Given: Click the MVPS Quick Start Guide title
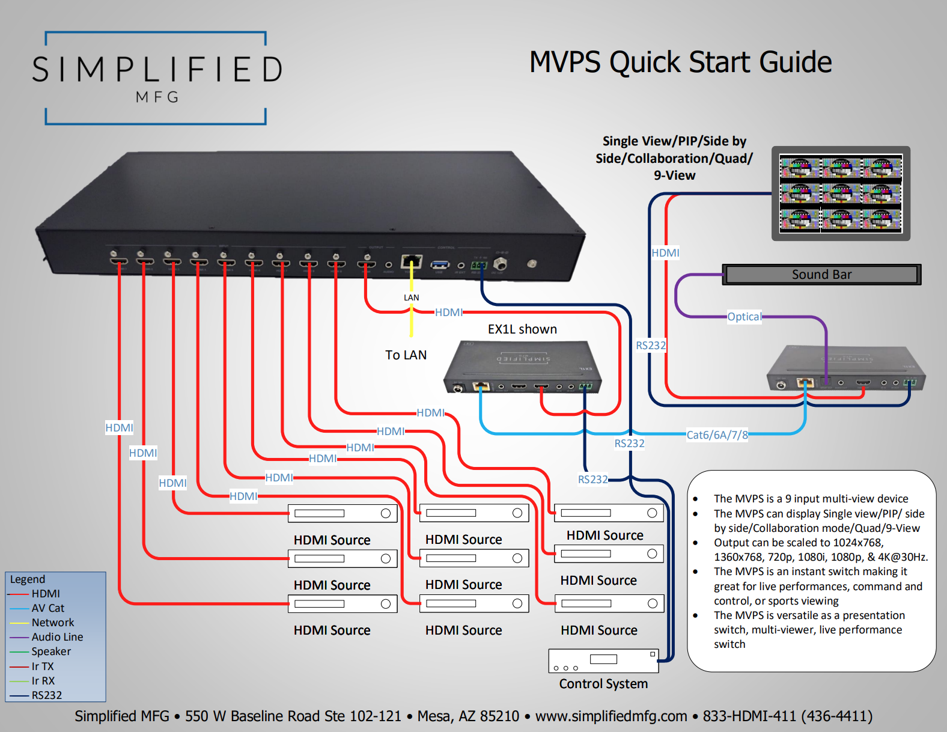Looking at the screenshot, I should [x=680, y=63].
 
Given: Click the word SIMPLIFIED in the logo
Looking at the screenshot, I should [x=157, y=70].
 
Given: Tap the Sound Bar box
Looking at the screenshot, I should [x=821, y=275].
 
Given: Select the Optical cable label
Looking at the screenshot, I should [x=744, y=317].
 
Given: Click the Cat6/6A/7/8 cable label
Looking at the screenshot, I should [x=717, y=435].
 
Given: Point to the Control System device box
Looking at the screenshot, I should [x=603, y=661].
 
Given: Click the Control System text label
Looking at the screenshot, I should [x=603, y=684].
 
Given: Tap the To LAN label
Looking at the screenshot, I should [x=406, y=355].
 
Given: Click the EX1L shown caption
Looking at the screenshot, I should [x=522, y=329].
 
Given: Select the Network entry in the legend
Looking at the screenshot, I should [x=52, y=623].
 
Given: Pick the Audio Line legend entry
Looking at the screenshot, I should [x=57, y=637].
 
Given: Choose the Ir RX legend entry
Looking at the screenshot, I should [x=43, y=681].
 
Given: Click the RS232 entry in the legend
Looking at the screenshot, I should [x=46, y=695].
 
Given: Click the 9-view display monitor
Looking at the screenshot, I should [x=840, y=194].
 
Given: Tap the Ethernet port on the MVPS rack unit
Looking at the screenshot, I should [x=412, y=262].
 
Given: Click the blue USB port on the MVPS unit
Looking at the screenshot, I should [x=440, y=264].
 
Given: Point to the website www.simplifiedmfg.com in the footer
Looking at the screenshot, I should [x=611, y=716].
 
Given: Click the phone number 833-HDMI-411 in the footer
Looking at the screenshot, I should [x=787, y=716].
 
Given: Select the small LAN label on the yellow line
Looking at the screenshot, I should [x=411, y=297].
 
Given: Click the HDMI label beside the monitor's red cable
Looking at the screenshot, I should [x=665, y=253].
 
